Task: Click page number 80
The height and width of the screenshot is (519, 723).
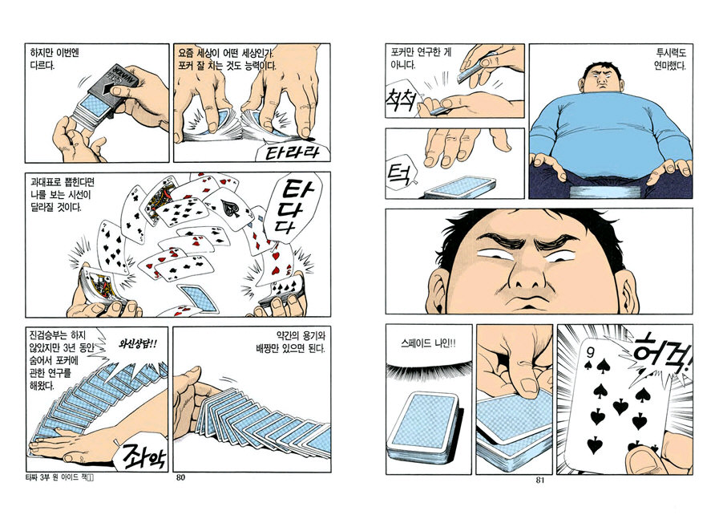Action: coord(181,477)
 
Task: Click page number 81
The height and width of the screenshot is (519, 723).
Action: coord(540,480)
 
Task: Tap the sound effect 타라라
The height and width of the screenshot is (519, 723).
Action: coord(292,152)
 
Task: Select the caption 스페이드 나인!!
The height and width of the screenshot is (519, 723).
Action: coord(429,343)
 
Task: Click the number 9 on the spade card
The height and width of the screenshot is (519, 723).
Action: coord(591,352)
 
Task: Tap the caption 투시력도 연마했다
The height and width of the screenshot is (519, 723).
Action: coord(671,59)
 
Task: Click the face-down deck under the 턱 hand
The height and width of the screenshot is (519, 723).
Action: coord(461,187)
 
